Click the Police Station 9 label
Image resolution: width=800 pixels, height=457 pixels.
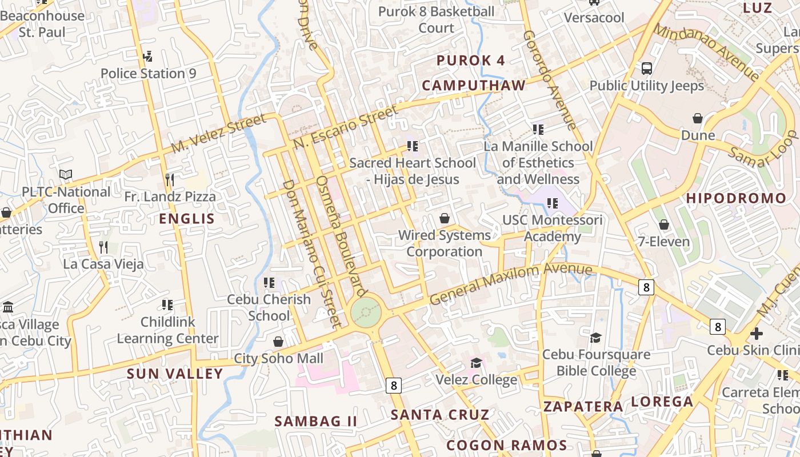(x=148, y=73)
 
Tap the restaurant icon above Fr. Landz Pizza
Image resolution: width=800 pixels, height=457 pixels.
(x=169, y=180)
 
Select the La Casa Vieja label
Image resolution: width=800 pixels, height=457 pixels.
(x=103, y=264)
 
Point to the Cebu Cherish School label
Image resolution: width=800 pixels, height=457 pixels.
(x=269, y=307)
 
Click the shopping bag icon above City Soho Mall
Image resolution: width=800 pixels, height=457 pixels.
(x=278, y=342)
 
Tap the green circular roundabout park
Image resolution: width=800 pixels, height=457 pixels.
(x=366, y=312)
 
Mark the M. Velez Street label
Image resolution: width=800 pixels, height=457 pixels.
(x=218, y=134)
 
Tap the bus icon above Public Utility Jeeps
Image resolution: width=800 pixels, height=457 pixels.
(x=647, y=69)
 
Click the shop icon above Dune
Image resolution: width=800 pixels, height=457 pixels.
(x=698, y=118)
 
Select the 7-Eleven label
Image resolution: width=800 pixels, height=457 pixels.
(x=664, y=242)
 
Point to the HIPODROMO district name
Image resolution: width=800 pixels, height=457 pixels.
(x=736, y=198)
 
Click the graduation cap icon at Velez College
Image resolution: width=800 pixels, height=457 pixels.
(x=476, y=363)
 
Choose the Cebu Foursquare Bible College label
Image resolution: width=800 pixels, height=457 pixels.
(x=596, y=363)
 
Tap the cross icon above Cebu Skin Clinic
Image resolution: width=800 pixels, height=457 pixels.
(x=757, y=333)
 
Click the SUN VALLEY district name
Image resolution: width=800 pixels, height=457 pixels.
(x=174, y=374)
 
